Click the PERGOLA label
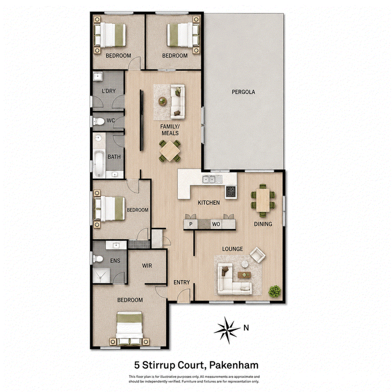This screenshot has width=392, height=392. (243, 92)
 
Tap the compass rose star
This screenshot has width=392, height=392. (227, 330)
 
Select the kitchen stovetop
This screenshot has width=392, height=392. (231, 192)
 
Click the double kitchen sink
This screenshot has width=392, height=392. (209, 179)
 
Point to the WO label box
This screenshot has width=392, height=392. (216, 224)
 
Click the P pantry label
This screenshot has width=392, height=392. (191, 224)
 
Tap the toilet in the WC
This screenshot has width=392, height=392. (99, 122)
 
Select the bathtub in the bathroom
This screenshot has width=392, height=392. (99, 163)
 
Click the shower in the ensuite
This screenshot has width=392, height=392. (101, 276)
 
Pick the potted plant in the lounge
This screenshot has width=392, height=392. (275, 292)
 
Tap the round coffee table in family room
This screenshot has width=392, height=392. (163, 101)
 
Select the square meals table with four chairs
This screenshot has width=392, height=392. (170, 151)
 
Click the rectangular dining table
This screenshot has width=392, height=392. (263, 200)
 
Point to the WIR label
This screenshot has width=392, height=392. (147, 266)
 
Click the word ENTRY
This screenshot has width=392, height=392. (182, 282)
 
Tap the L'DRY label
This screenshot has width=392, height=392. (109, 91)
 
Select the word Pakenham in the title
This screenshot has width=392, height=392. (234, 365)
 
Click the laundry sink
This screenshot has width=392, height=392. (98, 76)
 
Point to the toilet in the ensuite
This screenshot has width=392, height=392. (98, 259)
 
